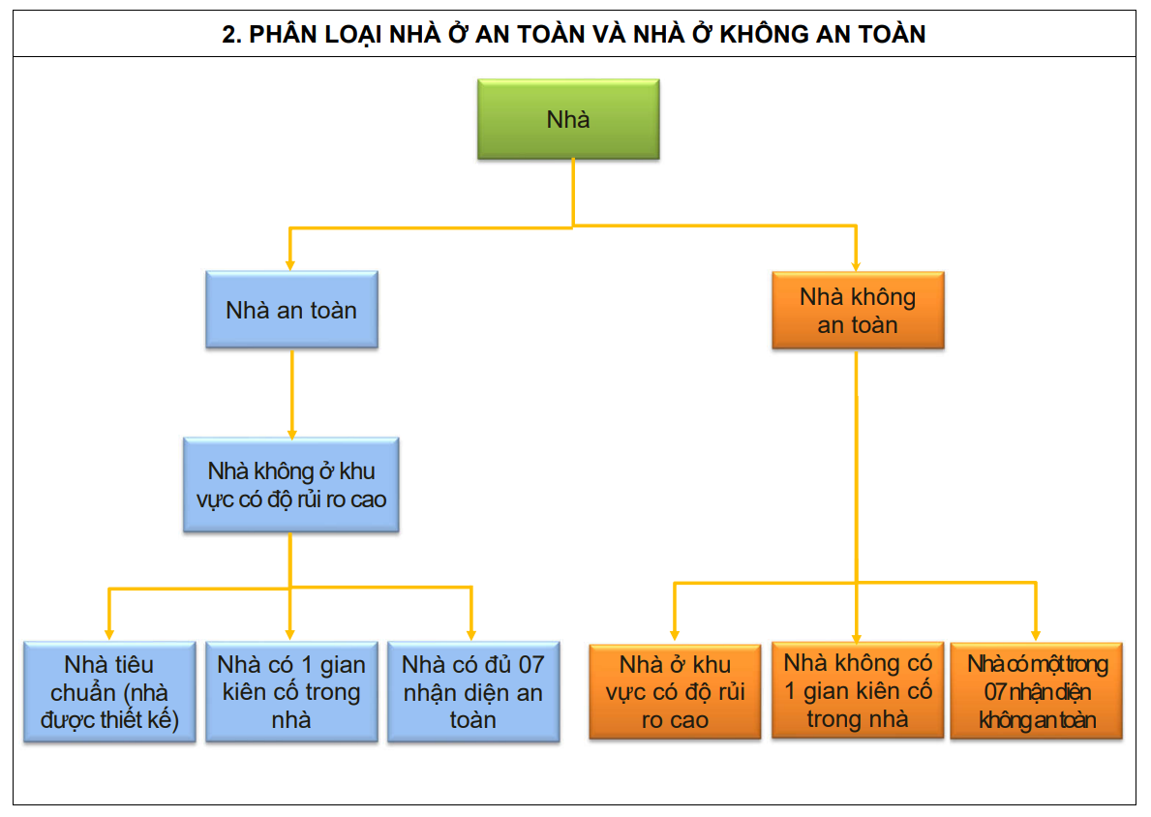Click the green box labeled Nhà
pyautogui.click(x=568, y=119)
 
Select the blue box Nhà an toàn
pyautogui.click(x=291, y=310)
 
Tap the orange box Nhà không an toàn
pyautogui.click(x=858, y=310)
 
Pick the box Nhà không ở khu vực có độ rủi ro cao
pyautogui.click(x=291, y=485)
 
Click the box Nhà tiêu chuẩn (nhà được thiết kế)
pyautogui.click(x=109, y=692)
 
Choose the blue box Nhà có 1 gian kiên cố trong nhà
pyautogui.click(x=291, y=692)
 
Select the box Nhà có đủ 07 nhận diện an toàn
pyautogui.click(x=473, y=692)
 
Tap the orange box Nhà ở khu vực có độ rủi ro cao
pyautogui.click(x=675, y=692)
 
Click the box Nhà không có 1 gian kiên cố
pyautogui.click(x=858, y=690)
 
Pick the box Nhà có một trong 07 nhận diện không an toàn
pyautogui.click(x=1037, y=692)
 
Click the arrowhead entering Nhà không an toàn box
pyautogui.click(x=857, y=264)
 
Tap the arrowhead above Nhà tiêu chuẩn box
pyautogui.click(x=109, y=633)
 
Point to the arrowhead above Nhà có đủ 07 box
pyautogui.click(x=471, y=633)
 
